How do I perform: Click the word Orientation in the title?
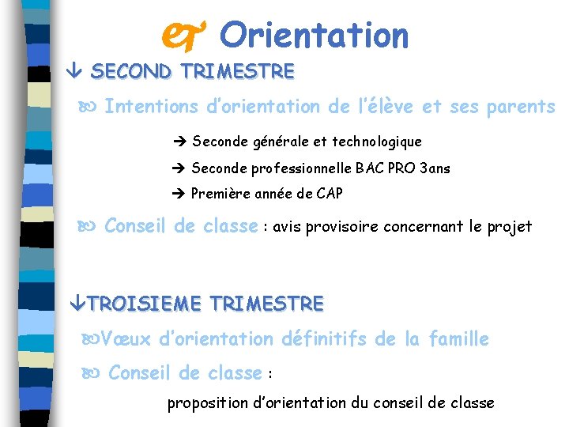coord(315,36)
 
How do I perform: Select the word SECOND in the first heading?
coord(132,72)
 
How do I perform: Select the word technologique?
coord(377,142)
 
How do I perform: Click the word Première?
coord(221,194)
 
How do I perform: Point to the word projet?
coord(511,228)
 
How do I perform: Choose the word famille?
coord(458,339)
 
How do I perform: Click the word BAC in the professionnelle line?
coord(369,168)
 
